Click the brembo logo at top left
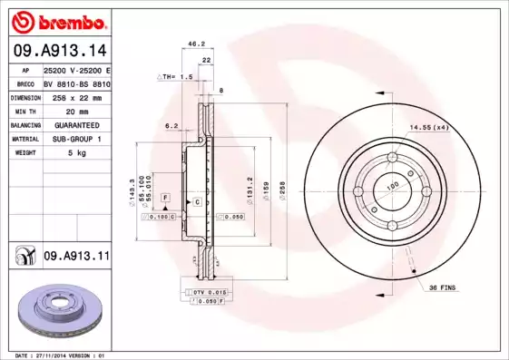(x=57, y=20)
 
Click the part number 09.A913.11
(x=75, y=257)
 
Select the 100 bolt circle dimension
(x=393, y=186)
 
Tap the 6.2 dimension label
(x=171, y=126)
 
